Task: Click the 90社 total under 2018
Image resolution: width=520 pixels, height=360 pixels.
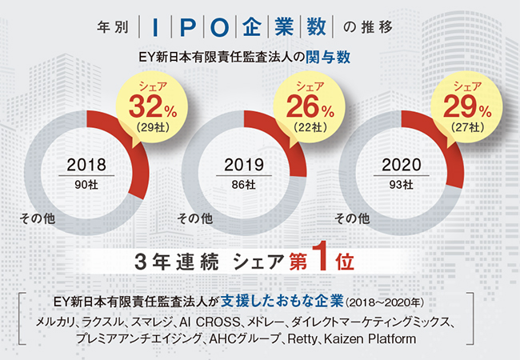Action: (x=86, y=186)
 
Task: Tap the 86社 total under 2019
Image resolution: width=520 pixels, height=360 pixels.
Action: (x=243, y=186)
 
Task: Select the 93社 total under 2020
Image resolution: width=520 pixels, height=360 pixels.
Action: (x=400, y=186)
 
